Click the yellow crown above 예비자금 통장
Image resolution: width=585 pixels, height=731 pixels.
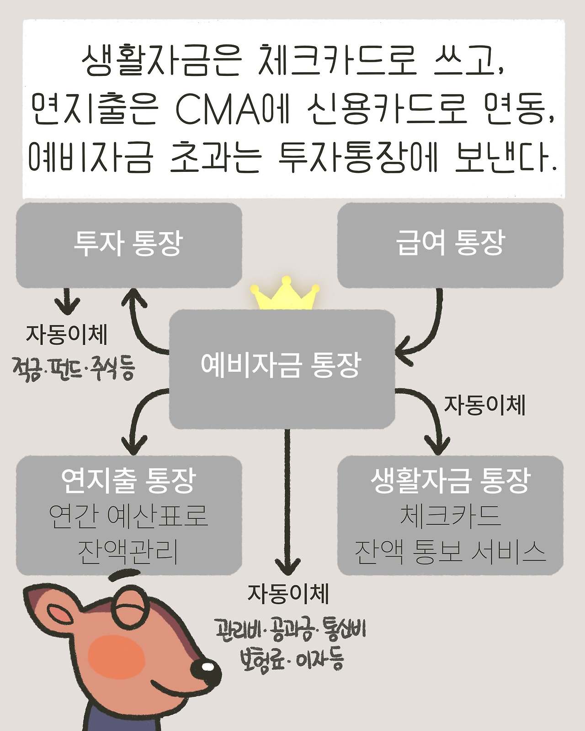(284, 295)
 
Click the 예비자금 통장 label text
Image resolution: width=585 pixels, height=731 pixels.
(281, 365)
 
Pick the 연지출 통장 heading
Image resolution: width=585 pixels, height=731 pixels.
(129, 481)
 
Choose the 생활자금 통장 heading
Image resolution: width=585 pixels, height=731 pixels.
(450, 481)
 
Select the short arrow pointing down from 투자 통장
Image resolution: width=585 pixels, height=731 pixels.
(68, 302)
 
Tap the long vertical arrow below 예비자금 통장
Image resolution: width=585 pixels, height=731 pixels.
(287, 503)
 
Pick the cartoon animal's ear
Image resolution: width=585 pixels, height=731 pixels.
(50, 610)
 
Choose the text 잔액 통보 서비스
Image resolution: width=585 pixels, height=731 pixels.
(450, 552)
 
